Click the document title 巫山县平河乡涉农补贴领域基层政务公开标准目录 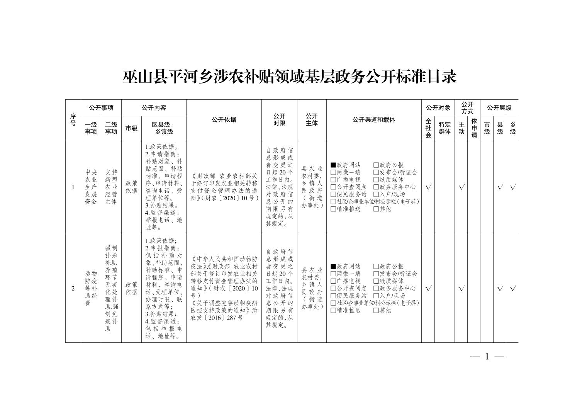point(290,77)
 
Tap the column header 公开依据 point(224,120)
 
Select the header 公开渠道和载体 point(373,120)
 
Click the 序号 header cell point(73,120)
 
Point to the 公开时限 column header point(279,120)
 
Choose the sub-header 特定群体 point(444,128)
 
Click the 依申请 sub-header point(474,128)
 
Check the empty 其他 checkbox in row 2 point(376,310)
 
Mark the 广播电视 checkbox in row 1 point(333,180)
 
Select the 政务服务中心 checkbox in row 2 point(376,288)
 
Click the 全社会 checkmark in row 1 point(428,187)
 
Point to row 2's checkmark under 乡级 point(512,289)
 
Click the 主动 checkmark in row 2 point(461,289)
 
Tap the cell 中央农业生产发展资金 point(91,187)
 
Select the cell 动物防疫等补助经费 point(91,288)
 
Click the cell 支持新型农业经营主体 point(111,187)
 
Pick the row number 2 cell point(73,288)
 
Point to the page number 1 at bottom point(487,357)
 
